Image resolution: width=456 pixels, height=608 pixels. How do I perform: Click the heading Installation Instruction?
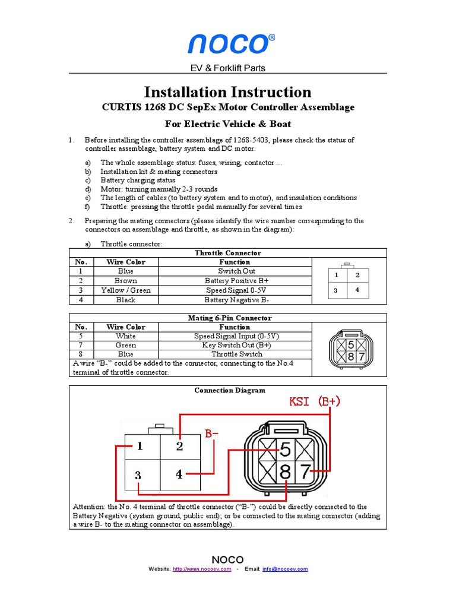coord(227,92)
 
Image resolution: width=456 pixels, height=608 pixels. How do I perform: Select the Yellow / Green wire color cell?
coord(126,290)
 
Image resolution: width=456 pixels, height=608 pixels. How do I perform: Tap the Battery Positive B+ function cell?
coord(236,281)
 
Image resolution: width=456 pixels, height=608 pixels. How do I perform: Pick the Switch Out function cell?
coord(236,271)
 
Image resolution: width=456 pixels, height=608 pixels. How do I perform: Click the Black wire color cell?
coord(126,300)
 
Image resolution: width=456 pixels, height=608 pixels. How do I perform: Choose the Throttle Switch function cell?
coord(236,354)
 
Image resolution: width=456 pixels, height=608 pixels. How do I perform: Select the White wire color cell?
coord(126,336)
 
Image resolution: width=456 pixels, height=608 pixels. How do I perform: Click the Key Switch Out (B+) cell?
coord(236,345)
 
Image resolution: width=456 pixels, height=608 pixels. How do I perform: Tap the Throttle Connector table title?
coord(228,253)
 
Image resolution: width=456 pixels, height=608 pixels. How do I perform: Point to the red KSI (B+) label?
coord(314,401)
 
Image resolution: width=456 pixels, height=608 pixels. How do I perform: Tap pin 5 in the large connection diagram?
coord(286,449)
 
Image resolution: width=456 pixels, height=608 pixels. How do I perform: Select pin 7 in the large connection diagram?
coord(305,473)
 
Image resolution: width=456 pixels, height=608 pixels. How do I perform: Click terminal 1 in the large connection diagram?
coord(140,446)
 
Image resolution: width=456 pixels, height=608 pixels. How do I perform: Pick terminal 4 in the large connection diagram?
coord(179,474)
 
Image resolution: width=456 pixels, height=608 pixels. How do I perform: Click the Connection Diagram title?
coord(229,391)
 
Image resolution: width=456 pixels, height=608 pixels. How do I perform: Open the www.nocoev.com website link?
coord(201,569)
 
